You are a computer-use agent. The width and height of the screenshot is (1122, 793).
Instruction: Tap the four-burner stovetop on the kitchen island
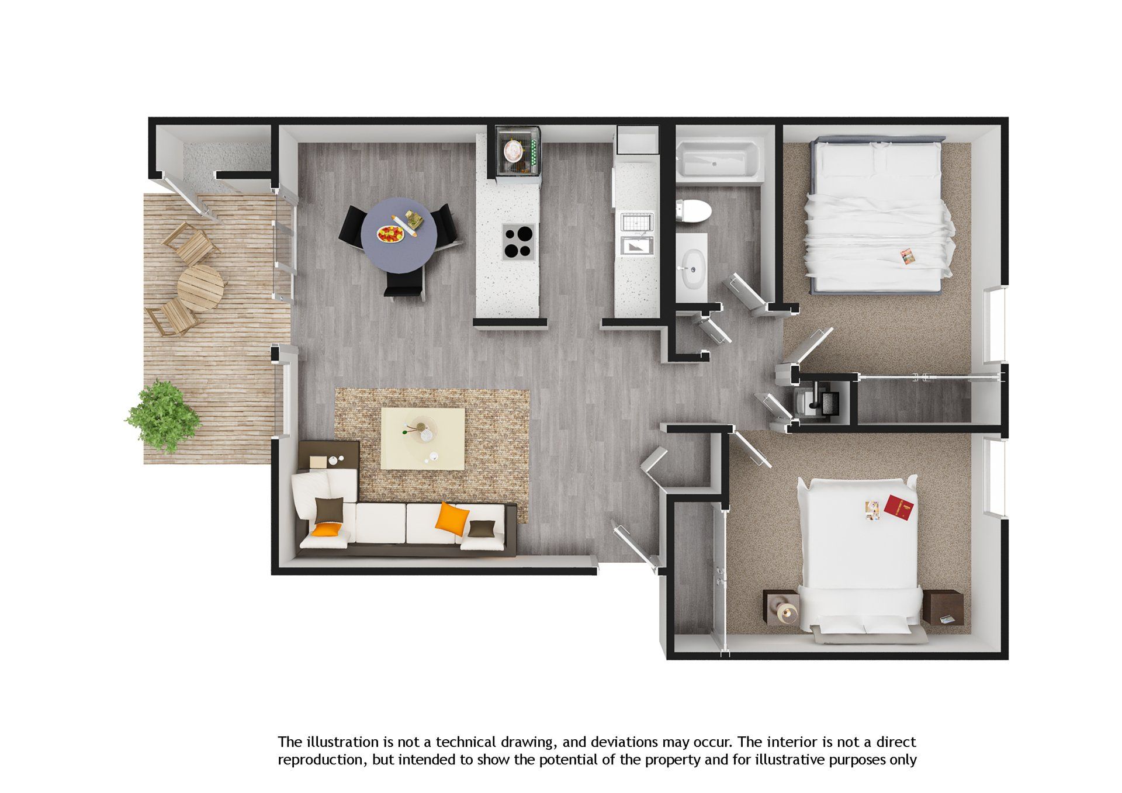tap(519, 242)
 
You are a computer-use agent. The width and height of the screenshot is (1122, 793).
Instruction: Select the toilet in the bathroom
tap(693, 210)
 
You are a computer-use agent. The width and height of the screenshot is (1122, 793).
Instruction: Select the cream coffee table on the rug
tap(423, 438)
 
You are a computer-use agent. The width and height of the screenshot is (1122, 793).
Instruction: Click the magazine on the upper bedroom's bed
tap(907, 257)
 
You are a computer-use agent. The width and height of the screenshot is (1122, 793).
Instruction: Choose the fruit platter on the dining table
tap(390, 234)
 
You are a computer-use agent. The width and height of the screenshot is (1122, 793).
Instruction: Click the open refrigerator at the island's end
tap(517, 151)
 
